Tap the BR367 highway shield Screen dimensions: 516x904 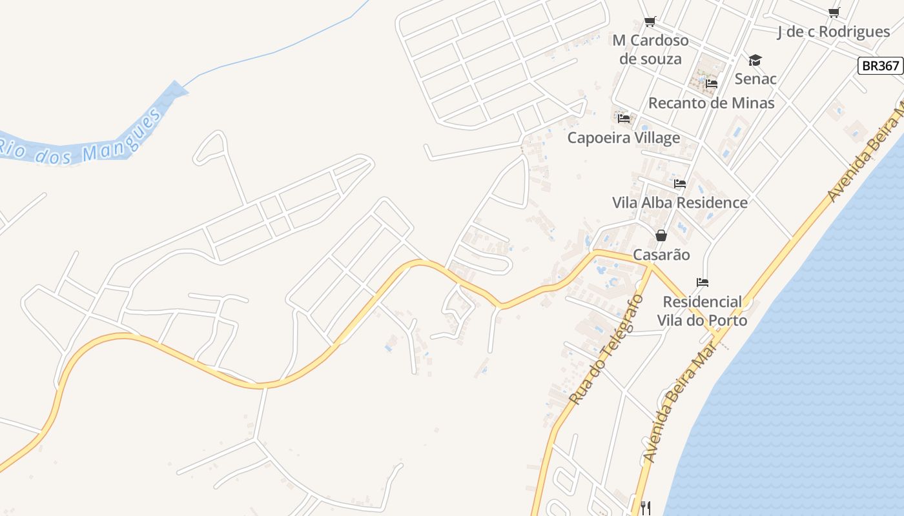pos(880,66)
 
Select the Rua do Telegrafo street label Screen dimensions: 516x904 pos(607,350)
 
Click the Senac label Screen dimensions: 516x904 pos(755,79)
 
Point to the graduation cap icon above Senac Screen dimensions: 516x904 pos(755,61)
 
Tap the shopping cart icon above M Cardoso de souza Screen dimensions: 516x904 pos(650,21)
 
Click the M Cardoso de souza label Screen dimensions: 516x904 pos(650,50)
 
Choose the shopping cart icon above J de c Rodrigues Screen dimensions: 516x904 pos(834,12)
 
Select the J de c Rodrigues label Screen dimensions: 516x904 pos(834,32)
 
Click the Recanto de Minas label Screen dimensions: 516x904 pos(711,103)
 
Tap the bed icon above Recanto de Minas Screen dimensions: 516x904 pos(712,84)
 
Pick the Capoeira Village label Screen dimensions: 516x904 pos(623,137)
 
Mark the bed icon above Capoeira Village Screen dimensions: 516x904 pos(624,119)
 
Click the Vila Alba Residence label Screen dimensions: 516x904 pos(679,203)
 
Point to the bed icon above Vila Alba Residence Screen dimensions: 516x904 pos(680,184)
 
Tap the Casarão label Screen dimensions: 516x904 pos(661,255)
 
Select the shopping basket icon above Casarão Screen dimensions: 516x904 pos(661,236)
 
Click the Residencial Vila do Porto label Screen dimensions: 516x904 pos(702,311)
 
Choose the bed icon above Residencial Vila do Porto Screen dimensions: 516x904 pos(703,283)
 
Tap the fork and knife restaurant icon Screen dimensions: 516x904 pos(644,508)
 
